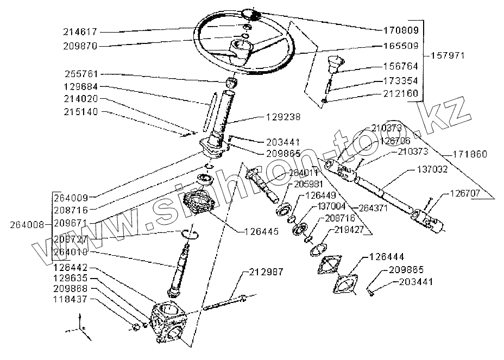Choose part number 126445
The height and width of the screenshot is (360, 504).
pos(260,231)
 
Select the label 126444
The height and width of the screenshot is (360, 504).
pos(388,256)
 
